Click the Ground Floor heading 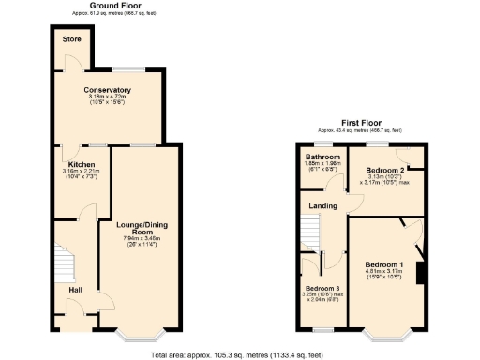(109, 6)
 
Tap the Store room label (71, 40)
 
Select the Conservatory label (108, 90)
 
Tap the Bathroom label (322, 157)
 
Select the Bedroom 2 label (380, 169)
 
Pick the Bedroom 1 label (383, 263)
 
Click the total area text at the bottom (239, 354)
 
